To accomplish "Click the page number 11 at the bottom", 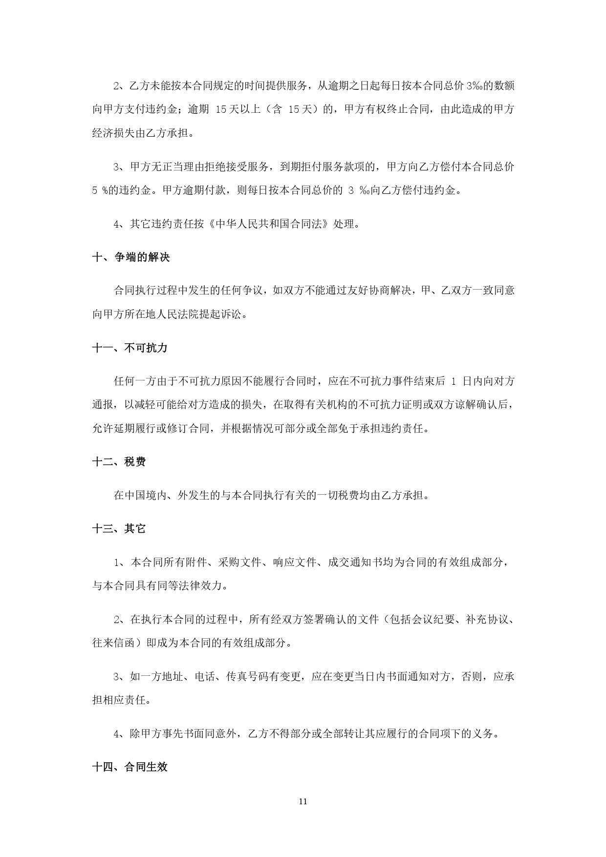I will pos(303,801).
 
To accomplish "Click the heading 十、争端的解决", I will pos(131,257).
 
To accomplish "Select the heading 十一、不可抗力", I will pos(130,348).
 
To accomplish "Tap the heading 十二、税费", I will pos(119,462).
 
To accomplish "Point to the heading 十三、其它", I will pos(119,528).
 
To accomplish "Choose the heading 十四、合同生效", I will pos(130,767).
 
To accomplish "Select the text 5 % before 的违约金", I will pos(100,191).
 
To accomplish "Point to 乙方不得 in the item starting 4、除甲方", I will pos(270,733).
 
